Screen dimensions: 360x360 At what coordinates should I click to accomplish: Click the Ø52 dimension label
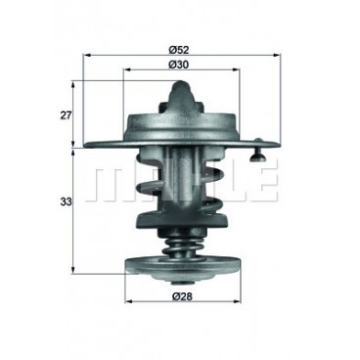(x=179, y=50)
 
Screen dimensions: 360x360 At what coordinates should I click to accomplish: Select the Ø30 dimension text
(x=179, y=65)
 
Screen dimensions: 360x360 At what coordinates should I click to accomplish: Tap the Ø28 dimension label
(x=182, y=296)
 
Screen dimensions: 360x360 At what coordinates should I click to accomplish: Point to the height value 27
(x=66, y=115)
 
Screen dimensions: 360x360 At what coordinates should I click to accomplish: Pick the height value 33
(x=66, y=202)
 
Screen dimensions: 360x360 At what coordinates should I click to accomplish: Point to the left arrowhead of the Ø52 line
(x=87, y=56)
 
